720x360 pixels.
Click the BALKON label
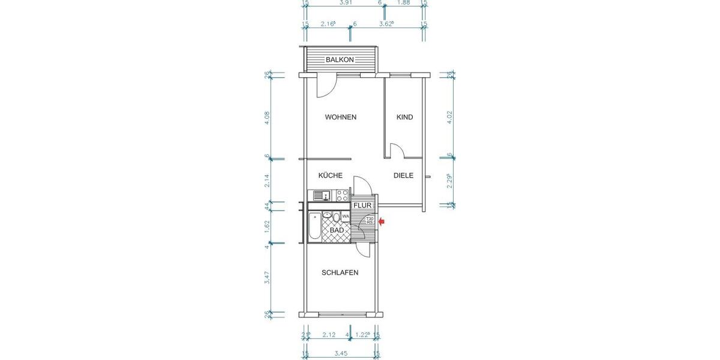pyautogui.click(x=340, y=60)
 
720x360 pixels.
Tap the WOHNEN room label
pyautogui.click(x=341, y=117)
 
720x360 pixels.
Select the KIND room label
pyautogui.click(x=405, y=117)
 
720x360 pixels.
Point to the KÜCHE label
pyautogui.click(x=331, y=176)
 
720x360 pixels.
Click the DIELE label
pyautogui.click(x=404, y=176)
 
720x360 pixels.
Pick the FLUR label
pyautogui.click(x=363, y=206)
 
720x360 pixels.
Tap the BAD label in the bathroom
pyautogui.click(x=337, y=230)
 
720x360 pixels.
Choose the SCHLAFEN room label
pyautogui.click(x=340, y=272)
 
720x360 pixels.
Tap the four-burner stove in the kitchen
pyautogui.click(x=342, y=195)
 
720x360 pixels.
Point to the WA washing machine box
pyautogui.click(x=346, y=217)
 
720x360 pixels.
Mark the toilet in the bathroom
pyautogui.click(x=337, y=217)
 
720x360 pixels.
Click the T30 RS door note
pyautogui.click(x=370, y=221)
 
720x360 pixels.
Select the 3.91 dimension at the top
pyautogui.click(x=346, y=3)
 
